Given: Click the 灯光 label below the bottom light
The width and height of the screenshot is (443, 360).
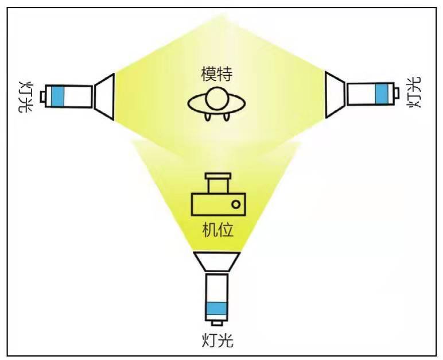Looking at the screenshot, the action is coord(218,340).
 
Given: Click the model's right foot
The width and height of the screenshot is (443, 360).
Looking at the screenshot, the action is coord(228,118).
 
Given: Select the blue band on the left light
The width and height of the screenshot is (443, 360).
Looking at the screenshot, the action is coord(56,96).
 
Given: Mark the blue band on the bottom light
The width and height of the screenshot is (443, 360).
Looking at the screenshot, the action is coord(216,308).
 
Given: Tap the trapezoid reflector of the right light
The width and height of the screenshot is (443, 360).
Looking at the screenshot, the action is coord(335,94).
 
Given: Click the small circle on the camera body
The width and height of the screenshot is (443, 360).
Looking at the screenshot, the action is coord(235,204).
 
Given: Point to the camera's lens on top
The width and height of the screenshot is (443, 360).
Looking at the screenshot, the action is coord(218,183).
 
